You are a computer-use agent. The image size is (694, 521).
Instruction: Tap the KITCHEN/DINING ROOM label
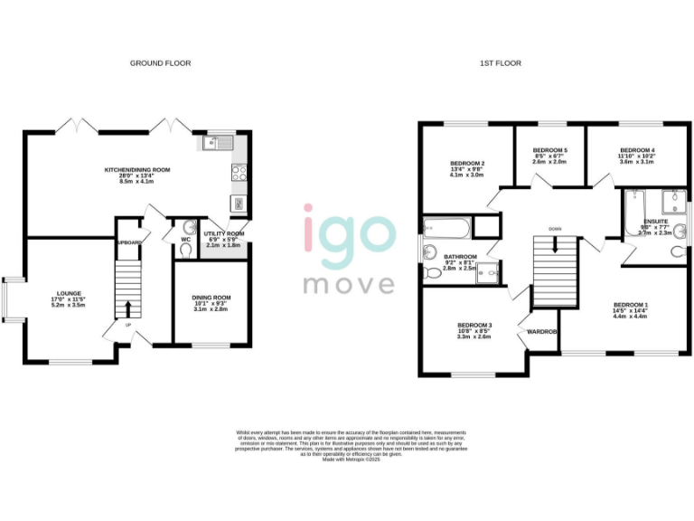137,170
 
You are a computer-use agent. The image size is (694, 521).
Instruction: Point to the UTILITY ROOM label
224,233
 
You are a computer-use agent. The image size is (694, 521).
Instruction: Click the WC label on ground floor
186,240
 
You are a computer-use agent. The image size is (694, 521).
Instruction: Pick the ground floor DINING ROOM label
211,298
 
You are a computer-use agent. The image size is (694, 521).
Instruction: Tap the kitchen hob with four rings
240,172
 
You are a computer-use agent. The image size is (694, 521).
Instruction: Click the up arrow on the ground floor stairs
127,308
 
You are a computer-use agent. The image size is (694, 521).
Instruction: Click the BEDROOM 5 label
549,150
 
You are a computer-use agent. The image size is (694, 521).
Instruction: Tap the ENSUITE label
655,222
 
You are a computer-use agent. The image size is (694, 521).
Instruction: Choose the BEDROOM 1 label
630,305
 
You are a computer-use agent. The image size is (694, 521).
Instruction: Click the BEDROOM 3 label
474,325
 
